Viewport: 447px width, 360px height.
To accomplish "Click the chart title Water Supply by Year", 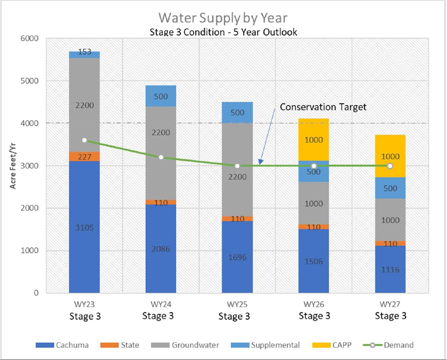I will pos(223,18).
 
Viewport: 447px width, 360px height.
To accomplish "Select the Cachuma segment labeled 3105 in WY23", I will pos(84,227).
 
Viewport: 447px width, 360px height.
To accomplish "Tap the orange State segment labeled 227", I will pos(84,157).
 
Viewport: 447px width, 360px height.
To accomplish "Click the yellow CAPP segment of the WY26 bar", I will pos(313,140).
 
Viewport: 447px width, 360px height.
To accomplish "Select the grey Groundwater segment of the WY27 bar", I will pos(390,220).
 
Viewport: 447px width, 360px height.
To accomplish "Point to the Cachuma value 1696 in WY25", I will pos(237,257).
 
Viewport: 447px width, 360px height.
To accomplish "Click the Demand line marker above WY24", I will pos(161,157).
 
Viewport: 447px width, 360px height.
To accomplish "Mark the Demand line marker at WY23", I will pos(84,140).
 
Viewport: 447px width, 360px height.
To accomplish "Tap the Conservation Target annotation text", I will pos(323,107).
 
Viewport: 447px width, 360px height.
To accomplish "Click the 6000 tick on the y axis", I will pos(30,39).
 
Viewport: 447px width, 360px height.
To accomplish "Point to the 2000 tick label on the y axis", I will pos(30,208).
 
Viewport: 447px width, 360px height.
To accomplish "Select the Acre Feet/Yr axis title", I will pos(13,166).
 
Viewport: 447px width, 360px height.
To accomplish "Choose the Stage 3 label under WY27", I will pos(390,316).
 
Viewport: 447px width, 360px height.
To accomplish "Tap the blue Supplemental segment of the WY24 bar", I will pos(161,96).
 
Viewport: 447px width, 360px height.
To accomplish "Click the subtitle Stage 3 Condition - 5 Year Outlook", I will pos(223,32).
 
